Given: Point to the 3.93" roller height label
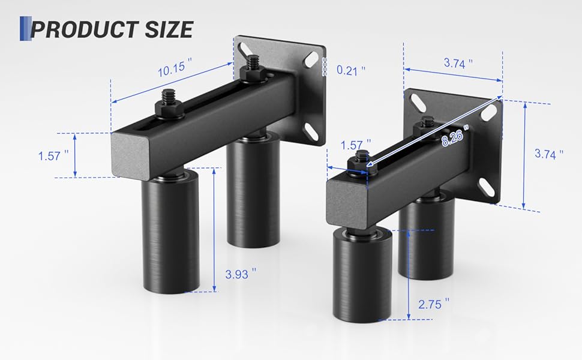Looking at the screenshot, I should tap(241, 274).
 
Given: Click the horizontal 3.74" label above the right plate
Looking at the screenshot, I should tap(457, 62).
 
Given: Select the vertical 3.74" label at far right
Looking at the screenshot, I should tap(548, 154).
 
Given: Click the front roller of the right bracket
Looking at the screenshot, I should tap(362, 276).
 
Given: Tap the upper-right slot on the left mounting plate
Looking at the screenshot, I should tap(311, 61).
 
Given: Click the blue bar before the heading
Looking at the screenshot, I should tap(25, 29).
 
